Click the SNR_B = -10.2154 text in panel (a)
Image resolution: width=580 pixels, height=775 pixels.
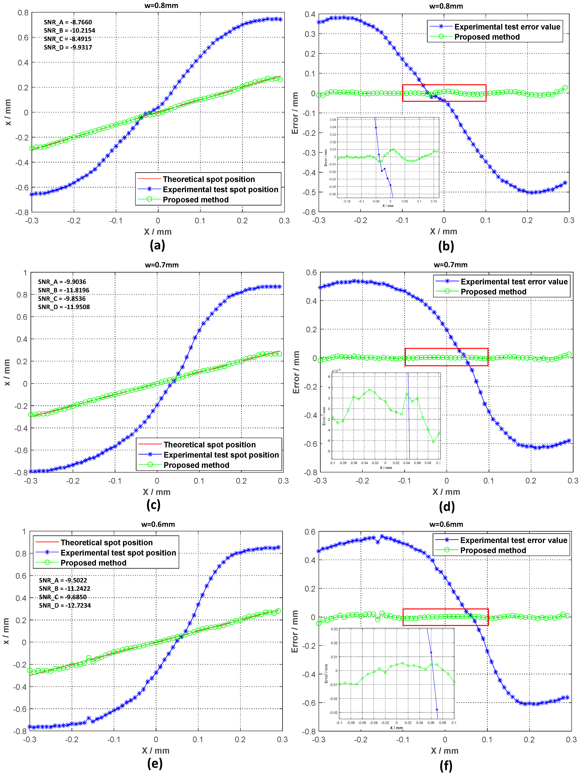click(x=69, y=31)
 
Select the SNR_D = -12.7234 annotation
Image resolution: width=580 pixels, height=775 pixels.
click(x=65, y=605)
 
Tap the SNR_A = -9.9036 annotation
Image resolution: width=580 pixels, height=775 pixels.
click(x=62, y=282)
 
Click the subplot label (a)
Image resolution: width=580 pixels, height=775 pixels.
click(x=157, y=245)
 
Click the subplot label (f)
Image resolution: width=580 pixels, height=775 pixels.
click(x=446, y=766)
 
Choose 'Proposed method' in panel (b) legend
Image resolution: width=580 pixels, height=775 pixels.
click(x=487, y=37)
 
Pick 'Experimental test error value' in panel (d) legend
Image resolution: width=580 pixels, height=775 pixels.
click(x=514, y=282)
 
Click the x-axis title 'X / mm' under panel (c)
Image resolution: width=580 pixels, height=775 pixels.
click(x=157, y=492)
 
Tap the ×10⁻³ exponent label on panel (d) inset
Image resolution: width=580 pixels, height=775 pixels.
click(x=336, y=370)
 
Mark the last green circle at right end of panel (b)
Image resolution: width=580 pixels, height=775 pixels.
click(x=565, y=88)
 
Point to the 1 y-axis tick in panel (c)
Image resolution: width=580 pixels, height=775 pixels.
click(x=25, y=273)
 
